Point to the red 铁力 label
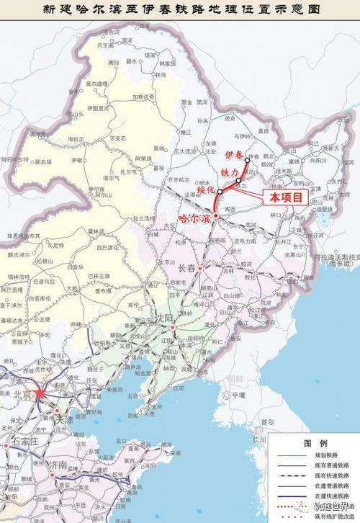coord(229,173)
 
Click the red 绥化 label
coord(206,191)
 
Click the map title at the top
coord(180,9)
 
